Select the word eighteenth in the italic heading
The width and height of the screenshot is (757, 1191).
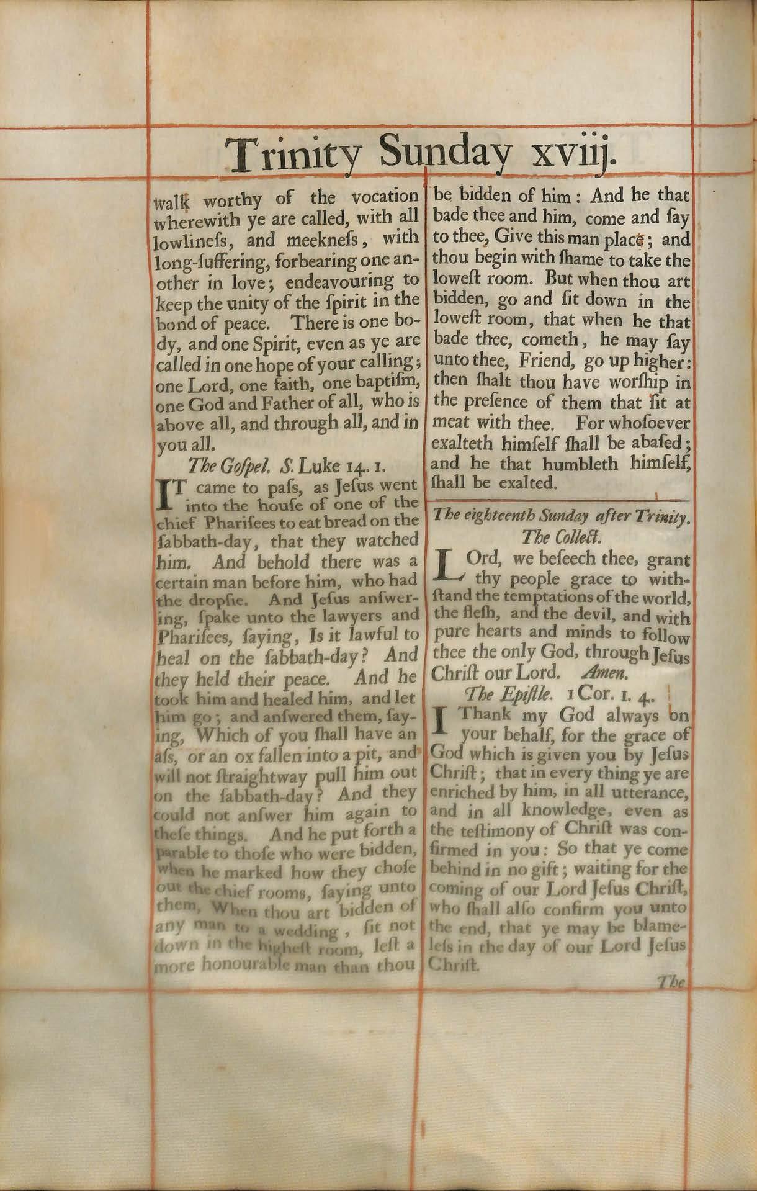[x=494, y=515]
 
